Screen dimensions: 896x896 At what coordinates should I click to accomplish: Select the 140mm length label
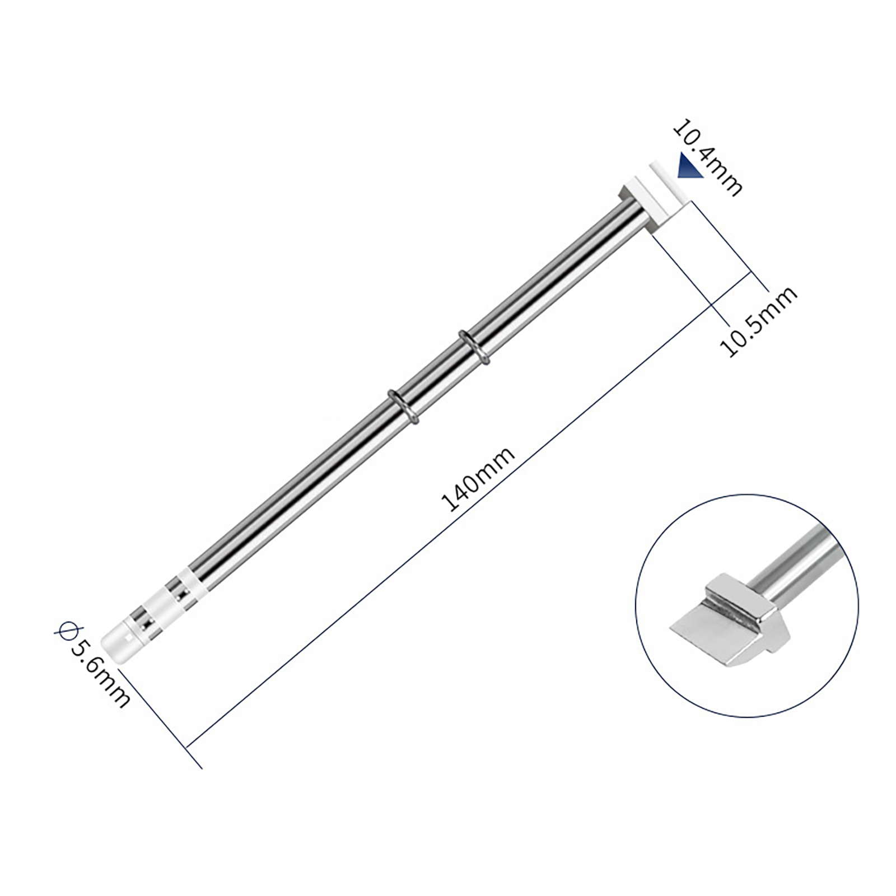(478, 479)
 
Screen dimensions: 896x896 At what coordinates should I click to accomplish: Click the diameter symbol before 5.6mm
(63, 631)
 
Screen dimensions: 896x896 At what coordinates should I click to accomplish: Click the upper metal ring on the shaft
(474, 347)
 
